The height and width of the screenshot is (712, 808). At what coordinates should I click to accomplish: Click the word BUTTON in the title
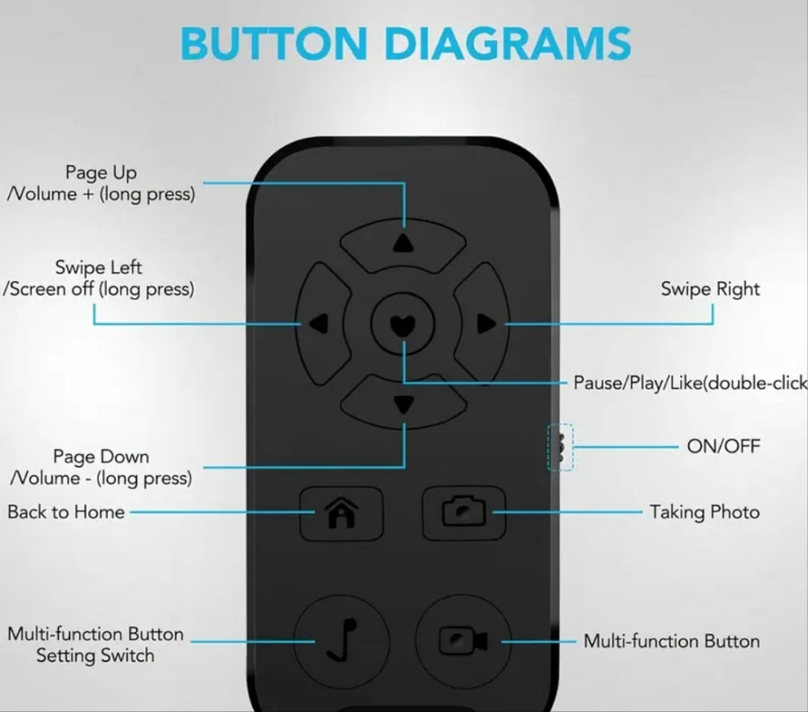tap(273, 43)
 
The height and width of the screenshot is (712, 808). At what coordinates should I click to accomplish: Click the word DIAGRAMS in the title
tap(508, 43)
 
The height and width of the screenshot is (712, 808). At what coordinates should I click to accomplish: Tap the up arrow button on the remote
tap(403, 244)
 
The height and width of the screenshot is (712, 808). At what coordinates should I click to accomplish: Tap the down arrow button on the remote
tap(403, 402)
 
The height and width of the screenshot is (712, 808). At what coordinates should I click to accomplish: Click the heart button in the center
tap(403, 324)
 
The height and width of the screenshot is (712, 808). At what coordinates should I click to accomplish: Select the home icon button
tap(341, 513)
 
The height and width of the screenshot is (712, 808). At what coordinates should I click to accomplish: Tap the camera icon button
tap(464, 513)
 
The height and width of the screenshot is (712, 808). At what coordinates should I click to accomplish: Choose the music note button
tap(342, 641)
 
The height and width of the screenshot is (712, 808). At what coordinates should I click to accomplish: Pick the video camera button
tap(464, 641)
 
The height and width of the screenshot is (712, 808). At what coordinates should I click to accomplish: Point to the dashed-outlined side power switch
tap(560, 447)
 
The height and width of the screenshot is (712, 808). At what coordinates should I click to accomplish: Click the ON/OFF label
tap(723, 446)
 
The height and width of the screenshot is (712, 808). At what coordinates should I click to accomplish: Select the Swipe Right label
tap(710, 289)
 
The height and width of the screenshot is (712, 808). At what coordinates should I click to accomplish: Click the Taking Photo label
tap(704, 513)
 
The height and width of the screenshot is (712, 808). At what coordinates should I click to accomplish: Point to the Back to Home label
tap(66, 512)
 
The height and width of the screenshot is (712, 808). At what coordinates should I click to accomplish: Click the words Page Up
tap(101, 173)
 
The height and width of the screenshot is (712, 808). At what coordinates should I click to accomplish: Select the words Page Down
tap(101, 456)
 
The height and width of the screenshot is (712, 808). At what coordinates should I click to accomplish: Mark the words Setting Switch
tap(95, 656)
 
